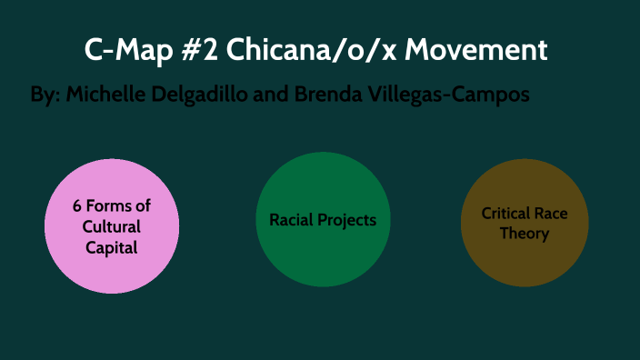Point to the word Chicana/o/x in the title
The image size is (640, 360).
click(x=310, y=50)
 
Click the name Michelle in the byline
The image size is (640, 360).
click(x=102, y=95)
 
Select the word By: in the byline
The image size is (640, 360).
click(x=44, y=95)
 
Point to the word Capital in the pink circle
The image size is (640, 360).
click(x=111, y=246)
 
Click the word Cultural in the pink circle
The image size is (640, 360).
click(x=111, y=226)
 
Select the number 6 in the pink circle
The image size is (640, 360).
click(x=77, y=206)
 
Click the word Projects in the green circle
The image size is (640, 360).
click(x=347, y=220)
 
